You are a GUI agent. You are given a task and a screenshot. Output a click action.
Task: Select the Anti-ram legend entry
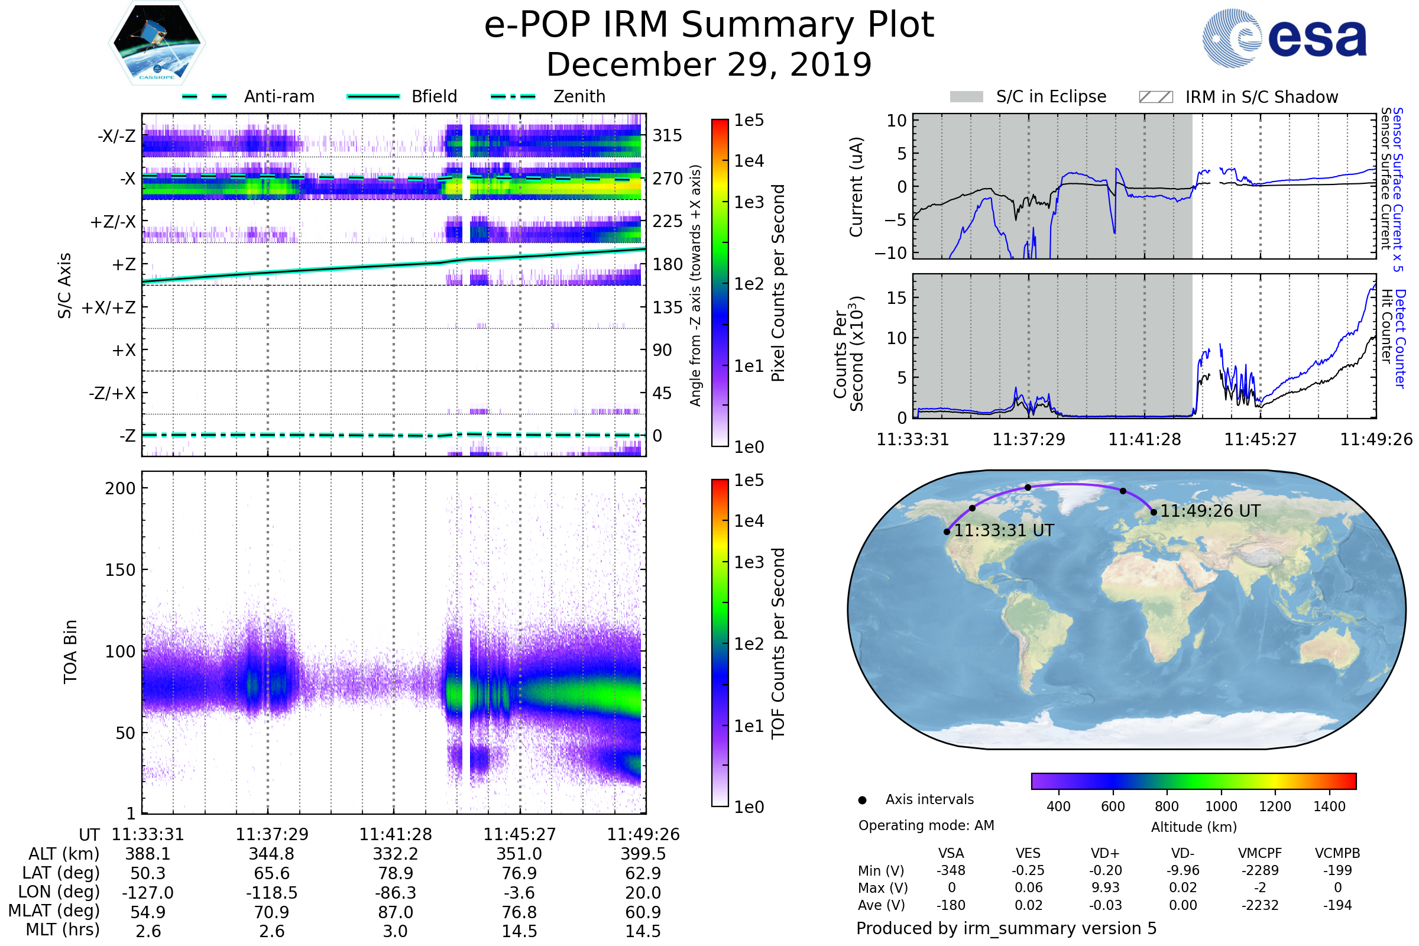coord(248,96)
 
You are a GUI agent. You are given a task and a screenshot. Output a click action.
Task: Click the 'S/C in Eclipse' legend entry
coord(1028,96)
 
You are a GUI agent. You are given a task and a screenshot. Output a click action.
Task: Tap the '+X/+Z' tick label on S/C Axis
coord(109,307)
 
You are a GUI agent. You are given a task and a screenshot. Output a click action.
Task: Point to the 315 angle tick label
coord(668,135)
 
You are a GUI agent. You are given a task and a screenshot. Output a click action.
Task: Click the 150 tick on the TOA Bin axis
coord(120,570)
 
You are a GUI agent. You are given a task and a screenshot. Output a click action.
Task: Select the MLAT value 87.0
coord(396,912)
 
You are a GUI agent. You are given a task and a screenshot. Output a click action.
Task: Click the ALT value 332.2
coord(396,854)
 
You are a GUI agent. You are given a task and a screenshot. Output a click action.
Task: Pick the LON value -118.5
coord(271,893)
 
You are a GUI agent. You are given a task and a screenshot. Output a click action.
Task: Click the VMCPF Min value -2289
coord(1260,870)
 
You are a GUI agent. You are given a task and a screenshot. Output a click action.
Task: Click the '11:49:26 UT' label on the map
coord(1210,511)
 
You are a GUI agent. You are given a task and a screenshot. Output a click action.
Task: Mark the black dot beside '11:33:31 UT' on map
coord(947,532)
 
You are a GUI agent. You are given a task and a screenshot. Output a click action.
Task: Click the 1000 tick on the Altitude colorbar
coord(1221,806)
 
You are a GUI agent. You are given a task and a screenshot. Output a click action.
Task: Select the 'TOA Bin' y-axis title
coord(70,652)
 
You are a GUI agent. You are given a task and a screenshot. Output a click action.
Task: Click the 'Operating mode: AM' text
coord(926,825)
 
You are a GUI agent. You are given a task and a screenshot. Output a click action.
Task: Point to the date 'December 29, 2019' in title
coord(709,64)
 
